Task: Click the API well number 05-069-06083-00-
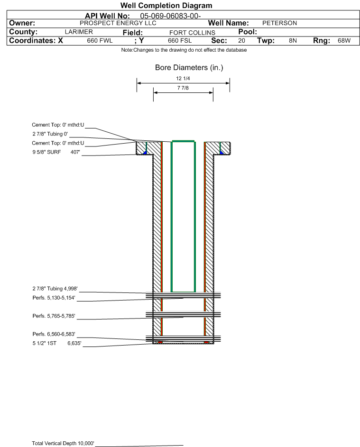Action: (170, 16)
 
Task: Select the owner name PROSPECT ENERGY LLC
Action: (118, 23)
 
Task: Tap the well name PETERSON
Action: (279, 23)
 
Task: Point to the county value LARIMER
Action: (79, 32)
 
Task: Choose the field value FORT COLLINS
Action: (192, 33)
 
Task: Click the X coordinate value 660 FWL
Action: (100, 40)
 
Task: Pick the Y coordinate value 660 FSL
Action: (180, 40)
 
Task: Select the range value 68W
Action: (344, 40)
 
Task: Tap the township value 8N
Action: (293, 40)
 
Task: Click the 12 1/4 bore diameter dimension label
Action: (183, 78)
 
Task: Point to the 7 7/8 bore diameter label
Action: (183, 88)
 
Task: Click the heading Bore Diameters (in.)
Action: (189, 68)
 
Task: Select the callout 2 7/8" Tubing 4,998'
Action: (55, 289)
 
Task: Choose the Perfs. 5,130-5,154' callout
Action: (54, 298)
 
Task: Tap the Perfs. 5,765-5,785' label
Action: (54, 316)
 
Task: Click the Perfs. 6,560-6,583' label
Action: (54, 334)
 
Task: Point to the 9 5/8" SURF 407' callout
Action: (56, 152)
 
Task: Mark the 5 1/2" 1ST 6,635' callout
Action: (57, 343)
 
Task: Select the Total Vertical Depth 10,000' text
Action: (63, 443)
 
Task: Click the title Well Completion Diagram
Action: (166, 5)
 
